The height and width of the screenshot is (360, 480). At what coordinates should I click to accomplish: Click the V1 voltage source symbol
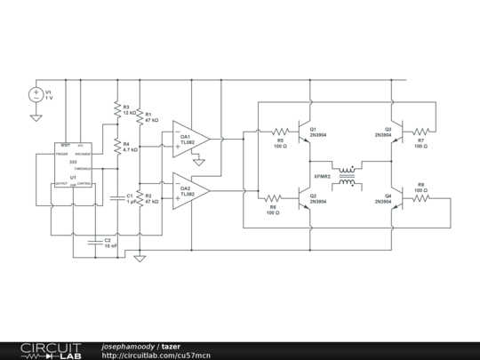click(x=36, y=94)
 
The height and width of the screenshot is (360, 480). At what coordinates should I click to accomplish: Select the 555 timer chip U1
click(x=73, y=164)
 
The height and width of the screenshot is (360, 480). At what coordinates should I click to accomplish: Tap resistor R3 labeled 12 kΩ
click(x=116, y=109)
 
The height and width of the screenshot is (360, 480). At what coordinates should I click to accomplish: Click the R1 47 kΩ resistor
click(x=140, y=119)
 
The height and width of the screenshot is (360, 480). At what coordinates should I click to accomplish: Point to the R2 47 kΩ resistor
click(x=140, y=197)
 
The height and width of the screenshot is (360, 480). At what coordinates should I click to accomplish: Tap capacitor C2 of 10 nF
click(x=94, y=240)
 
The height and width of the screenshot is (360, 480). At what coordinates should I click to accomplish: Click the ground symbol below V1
click(x=36, y=116)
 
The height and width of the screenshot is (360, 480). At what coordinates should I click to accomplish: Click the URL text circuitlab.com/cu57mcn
click(x=156, y=355)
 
